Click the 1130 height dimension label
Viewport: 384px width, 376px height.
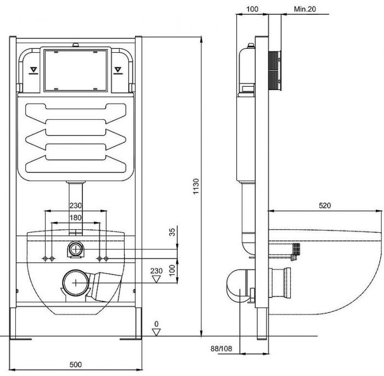click(x=196, y=186)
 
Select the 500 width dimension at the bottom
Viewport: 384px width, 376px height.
click(x=76, y=364)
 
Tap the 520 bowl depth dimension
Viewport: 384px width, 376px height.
click(x=325, y=205)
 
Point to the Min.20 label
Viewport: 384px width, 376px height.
click(x=305, y=9)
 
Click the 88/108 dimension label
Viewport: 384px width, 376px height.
click(x=221, y=349)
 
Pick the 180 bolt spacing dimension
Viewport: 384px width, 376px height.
click(x=76, y=218)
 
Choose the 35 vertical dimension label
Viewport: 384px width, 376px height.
click(x=173, y=232)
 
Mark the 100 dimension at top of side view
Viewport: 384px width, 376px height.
click(x=252, y=9)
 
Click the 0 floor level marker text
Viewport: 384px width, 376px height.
click(x=156, y=324)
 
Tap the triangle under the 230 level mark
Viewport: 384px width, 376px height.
click(x=156, y=279)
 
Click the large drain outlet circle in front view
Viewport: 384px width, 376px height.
click(x=76, y=283)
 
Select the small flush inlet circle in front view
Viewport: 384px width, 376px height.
click(x=76, y=249)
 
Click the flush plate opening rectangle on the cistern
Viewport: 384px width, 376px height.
click(x=76, y=70)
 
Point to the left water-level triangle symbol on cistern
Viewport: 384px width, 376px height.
click(x=33, y=70)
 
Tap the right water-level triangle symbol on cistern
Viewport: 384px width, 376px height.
click(x=118, y=70)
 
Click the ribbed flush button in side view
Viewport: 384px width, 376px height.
click(x=275, y=71)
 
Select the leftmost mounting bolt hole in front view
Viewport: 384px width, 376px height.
click(x=45, y=259)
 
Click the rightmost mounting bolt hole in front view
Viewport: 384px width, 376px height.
click(x=106, y=259)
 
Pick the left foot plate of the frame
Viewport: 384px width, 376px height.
click(x=21, y=339)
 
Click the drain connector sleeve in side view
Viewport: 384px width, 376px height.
click(x=280, y=283)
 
